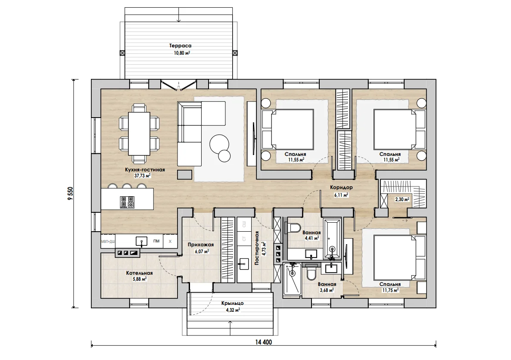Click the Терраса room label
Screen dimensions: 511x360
pyautogui.click(x=180, y=46)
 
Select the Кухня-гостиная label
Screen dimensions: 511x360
pyautogui.click(x=145, y=170)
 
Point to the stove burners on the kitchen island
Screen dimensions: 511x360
pyautogui.click(x=127, y=202)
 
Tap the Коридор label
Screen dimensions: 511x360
pyautogui.click(x=341, y=188)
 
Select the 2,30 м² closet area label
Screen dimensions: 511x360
pyautogui.click(x=402, y=199)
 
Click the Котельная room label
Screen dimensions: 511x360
pyautogui.click(x=140, y=273)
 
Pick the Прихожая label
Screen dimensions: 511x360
pyautogui.click(x=201, y=245)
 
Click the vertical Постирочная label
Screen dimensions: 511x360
pyautogui.click(x=257, y=248)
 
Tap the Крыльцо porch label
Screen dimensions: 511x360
pyautogui.click(x=232, y=303)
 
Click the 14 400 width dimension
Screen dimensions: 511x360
pyautogui.click(x=263, y=342)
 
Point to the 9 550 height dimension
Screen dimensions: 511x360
pyautogui.click(x=70, y=193)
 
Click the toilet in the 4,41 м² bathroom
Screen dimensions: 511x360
pyautogui.click(x=294, y=227)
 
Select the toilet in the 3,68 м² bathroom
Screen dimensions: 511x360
pyautogui.click(x=312, y=273)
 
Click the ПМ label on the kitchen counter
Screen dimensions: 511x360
pyautogui.click(x=156, y=241)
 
